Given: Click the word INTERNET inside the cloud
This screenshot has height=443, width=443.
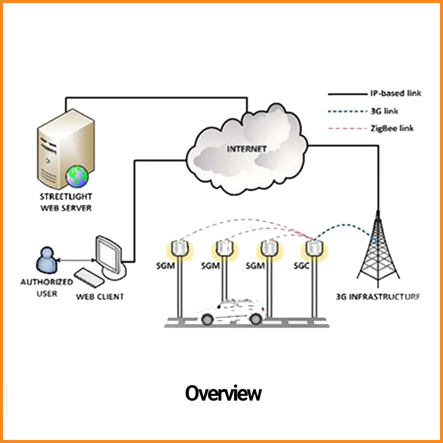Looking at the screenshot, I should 247,149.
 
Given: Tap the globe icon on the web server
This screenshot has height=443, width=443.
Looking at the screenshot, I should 77,177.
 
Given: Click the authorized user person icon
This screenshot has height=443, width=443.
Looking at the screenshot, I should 45,260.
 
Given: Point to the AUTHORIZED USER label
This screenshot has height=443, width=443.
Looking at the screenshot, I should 47,288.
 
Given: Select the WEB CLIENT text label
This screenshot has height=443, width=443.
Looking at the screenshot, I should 100,297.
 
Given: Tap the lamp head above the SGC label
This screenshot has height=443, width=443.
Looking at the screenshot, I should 313,248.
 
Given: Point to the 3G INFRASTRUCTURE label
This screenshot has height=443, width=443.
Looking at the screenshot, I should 378,297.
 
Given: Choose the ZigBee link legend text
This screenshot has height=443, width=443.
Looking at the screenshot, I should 392,128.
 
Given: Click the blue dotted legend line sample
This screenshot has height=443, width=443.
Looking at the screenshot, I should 346,111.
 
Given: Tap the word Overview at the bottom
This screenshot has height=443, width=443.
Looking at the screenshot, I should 223,394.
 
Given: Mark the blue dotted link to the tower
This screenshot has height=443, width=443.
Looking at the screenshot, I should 344,225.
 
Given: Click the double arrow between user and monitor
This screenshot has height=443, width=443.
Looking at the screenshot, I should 76,260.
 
